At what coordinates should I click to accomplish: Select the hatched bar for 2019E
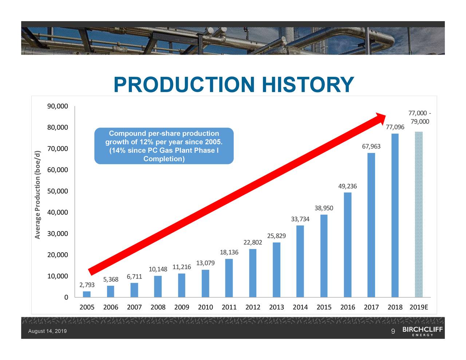point(419,214)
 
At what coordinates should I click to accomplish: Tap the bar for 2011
point(229,278)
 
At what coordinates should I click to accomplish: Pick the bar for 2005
point(87,294)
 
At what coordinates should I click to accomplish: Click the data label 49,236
point(347,186)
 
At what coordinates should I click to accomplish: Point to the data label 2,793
point(87,285)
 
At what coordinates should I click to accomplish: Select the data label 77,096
point(395,127)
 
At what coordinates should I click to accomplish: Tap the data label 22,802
point(253,242)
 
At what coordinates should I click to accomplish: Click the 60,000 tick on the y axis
point(58,170)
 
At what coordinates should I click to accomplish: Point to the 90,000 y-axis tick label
point(58,106)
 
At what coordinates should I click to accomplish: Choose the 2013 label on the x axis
point(276,307)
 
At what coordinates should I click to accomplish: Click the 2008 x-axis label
point(158,307)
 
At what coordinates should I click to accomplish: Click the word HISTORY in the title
point(307,85)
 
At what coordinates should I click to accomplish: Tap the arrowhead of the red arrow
point(380,118)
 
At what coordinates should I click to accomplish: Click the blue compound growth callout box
point(164,146)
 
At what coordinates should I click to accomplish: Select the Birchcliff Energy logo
point(422,331)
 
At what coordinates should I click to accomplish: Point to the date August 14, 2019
point(47,331)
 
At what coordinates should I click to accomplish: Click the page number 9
point(393,331)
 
